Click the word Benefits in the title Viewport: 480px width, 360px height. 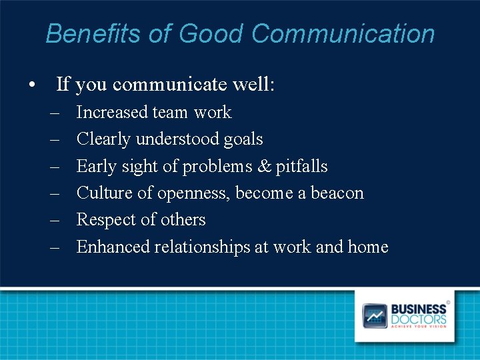coord(82,33)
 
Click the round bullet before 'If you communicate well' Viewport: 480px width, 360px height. coord(31,85)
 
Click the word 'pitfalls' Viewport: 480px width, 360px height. coord(301,166)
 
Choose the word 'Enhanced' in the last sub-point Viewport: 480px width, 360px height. coord(113,247)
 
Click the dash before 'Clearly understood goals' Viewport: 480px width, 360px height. coord(55,139)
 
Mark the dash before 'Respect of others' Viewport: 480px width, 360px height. coord(55,219)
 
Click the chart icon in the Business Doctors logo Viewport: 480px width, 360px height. coord(375,315)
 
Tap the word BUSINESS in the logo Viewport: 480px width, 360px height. coord(419,309)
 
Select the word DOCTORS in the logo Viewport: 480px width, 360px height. coord(419,319)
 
